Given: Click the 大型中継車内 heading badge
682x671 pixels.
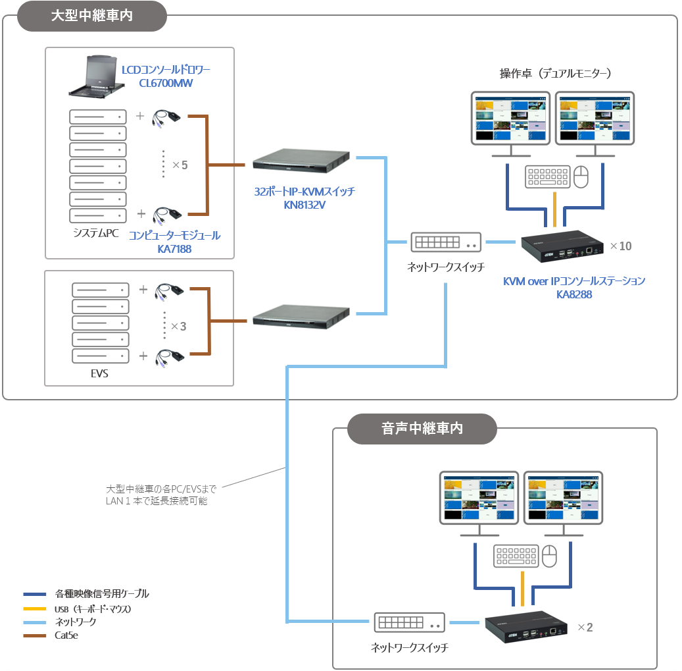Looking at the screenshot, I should pyautogui.click(x=91, y=16).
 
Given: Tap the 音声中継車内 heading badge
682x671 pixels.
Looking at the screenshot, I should pyautogui.click(x=422, y=429).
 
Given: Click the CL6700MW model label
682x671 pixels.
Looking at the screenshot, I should pyautogui.click(x=166, y=83).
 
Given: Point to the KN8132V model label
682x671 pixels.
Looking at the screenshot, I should pyautogui.click(x=304, y=205).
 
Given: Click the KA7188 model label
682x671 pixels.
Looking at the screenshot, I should pyautogui.click(x=174, y=249).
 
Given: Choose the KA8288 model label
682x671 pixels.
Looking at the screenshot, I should pyautogui.click(x=574, y=294).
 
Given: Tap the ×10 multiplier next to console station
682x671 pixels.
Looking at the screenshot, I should pyautogui.click(x=620, y=246).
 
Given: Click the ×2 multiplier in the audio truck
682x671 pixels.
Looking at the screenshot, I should pyautogui.click(x=585, y=628).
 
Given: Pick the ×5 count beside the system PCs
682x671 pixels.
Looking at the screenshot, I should pyautogui.click(x=180, y=165).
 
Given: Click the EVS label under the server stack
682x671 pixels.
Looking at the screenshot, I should pyautogui.click(x=99, y=374).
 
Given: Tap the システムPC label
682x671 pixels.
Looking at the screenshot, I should pyautogui.click(x=97, y=233).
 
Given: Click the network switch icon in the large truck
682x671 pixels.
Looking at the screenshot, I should pyautogui.click(x=446, y=242).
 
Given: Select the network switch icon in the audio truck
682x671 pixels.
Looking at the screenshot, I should pyautogui.click(x=410, y=622).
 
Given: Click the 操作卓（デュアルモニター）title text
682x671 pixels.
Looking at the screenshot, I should pyautogui.click(x=555, y=74).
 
